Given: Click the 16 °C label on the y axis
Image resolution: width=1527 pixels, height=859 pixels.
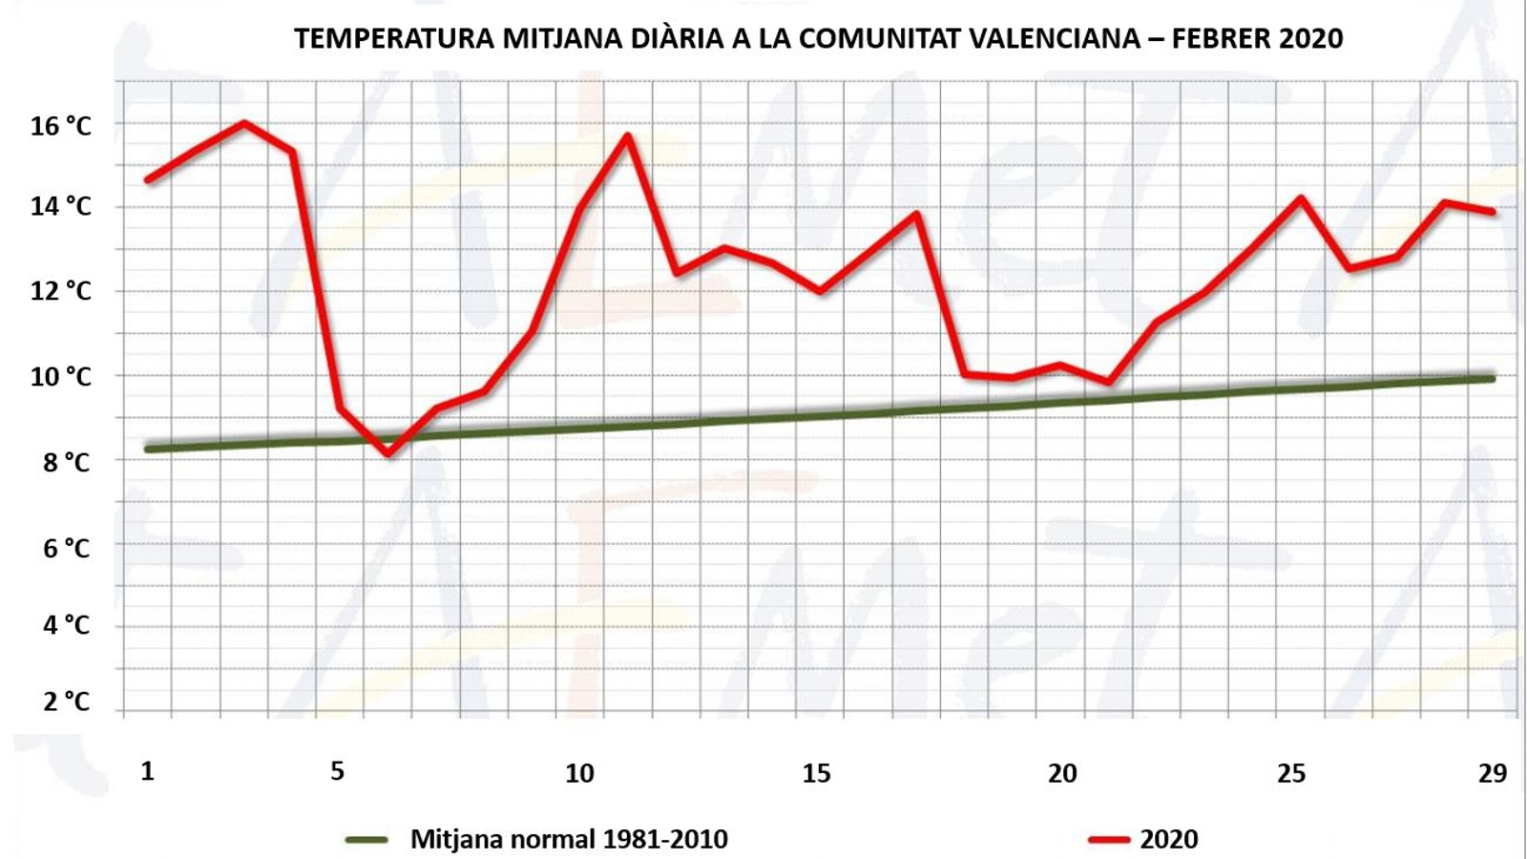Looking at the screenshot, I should pos(60,126).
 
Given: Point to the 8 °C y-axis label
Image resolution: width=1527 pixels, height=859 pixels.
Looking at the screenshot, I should pos(66,463).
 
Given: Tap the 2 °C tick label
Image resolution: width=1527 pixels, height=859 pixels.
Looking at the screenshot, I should pos(66,702).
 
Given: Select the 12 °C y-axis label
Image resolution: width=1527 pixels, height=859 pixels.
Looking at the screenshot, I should pos(60,291).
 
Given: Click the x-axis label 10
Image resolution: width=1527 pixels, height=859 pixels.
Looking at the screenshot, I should pos(579,773).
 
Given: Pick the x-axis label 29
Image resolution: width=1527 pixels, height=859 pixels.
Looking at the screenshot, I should pos(1492,773).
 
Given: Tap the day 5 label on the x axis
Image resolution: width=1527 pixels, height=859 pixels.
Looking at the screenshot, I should pos(337,771).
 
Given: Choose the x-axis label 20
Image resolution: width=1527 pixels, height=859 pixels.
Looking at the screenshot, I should pos(1062,773).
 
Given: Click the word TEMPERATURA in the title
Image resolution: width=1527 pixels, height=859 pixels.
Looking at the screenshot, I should pos(394,38).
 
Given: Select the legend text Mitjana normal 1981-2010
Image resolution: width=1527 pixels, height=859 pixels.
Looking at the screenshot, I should pos(569,839).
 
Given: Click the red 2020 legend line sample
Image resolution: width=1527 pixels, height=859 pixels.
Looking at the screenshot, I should pos(1109,840).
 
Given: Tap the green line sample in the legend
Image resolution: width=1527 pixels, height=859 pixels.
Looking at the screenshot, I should pos(366,840).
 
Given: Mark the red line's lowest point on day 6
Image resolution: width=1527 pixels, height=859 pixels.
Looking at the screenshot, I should pos(388,453).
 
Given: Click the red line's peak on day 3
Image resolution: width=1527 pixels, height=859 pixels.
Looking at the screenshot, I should pos(244,123).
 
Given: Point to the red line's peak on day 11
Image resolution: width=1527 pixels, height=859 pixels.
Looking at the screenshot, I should pos(628,136).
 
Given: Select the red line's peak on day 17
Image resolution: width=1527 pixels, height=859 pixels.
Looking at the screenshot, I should pos(916,214).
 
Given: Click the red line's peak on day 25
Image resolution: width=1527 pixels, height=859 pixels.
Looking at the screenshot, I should pos(1300,199).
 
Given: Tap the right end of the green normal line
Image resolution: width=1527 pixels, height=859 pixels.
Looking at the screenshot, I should pos(1491,379).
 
